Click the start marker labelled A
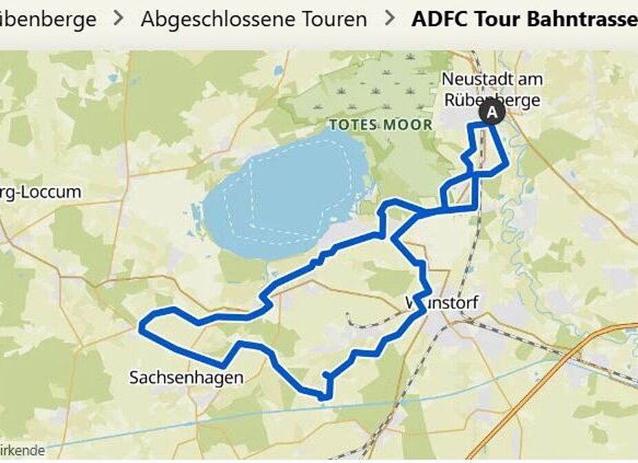point(492,111)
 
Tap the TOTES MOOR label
point(380,125)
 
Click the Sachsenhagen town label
point(186,378)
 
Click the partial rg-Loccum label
point(41,192)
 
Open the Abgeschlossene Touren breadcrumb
point(254,19)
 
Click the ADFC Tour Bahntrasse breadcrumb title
point(524,19)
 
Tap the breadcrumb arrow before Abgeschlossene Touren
point(119,19)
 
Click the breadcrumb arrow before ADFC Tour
point(390,19)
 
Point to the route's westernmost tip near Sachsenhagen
point(142,327)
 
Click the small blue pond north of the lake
point(278,70)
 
